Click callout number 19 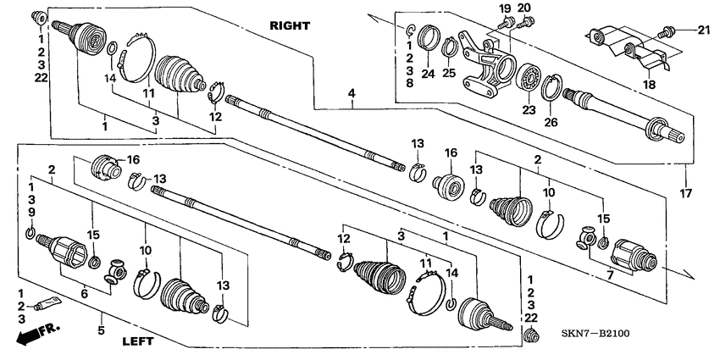tap(505, 8)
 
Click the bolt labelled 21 tap(667, 32)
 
